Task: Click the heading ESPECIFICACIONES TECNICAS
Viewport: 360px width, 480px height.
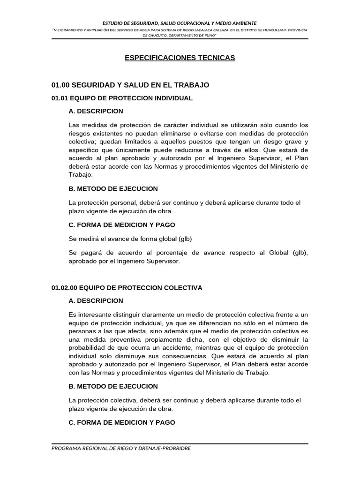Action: point(180,58)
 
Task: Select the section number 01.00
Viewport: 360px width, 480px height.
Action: point(60,85)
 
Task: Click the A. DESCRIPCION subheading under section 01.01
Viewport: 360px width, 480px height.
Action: point(96,111)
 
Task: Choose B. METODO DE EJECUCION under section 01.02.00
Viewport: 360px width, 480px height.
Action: point(113,386)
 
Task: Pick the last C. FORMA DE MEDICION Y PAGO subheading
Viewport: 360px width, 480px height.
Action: point(121,422)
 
